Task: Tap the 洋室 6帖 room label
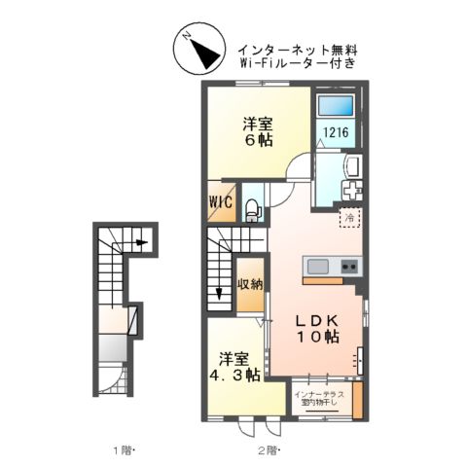(257, 132)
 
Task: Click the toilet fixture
(253, 207)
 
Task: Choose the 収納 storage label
(249, 285)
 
